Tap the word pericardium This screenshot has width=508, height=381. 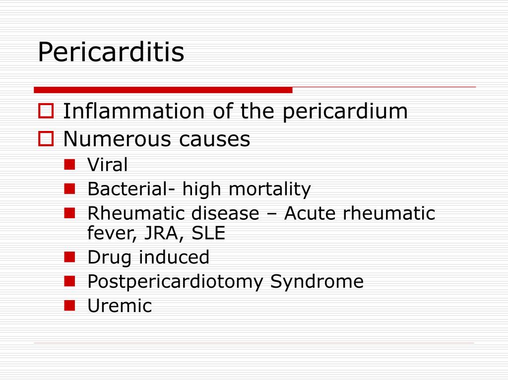coord(345,112)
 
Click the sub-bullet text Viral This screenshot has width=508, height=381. coord(108,165)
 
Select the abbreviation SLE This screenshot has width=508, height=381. coord(208,233)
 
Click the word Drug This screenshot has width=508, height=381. coord(110,257)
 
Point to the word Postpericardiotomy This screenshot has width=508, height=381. coord(176,282)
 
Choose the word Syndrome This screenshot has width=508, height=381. coord(317,282)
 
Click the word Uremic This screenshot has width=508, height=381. coord(120,306)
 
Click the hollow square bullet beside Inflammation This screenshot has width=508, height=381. coord(46,111)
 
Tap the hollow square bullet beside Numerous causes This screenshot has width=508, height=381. coord(46,139)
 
